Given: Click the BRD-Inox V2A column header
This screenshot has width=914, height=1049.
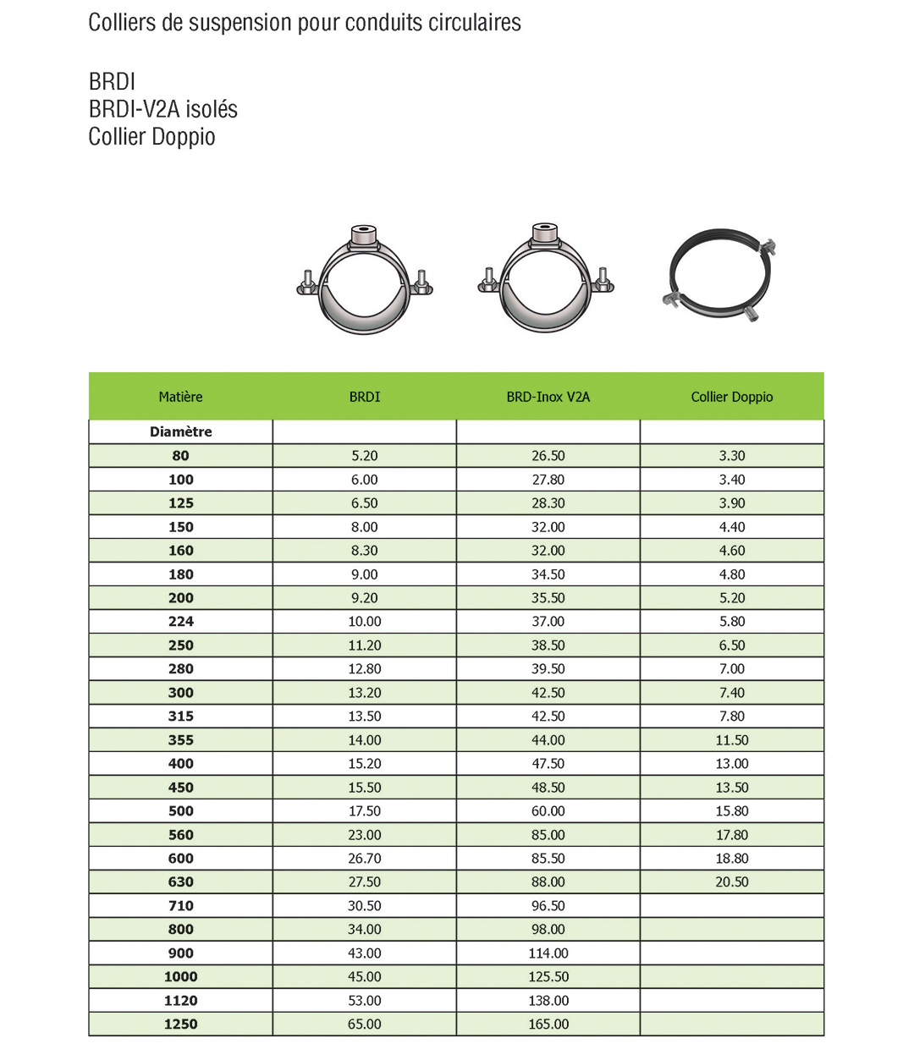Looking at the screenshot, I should (548, 397).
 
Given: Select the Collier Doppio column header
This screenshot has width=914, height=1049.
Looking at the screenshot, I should (731, 397).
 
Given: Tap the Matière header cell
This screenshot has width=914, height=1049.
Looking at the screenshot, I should (180, 397).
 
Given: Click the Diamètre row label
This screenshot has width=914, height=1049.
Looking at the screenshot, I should (180, 431).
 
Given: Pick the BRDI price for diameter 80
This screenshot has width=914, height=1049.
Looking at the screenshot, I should (364, 455).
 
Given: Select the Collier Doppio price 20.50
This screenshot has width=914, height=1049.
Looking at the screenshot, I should (731, 881).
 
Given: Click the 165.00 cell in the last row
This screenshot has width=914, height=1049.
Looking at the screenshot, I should (548, 1024).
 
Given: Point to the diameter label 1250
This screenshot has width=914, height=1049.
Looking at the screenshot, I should (180, 1024).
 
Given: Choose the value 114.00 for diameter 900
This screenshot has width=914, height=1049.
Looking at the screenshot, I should (548, 953).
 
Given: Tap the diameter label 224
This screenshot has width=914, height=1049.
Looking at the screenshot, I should (180, 621).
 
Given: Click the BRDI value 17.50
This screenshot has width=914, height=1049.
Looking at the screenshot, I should (364, 810).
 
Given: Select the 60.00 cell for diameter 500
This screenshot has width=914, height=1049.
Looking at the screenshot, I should (548, 810).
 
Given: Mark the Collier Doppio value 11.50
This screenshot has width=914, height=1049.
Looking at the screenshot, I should (731, 739).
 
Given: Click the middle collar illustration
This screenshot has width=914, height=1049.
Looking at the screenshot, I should (546, 279).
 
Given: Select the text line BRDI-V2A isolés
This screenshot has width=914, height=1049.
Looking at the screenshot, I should (162, 109).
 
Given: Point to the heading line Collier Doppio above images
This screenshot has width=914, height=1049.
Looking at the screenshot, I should (151, 136).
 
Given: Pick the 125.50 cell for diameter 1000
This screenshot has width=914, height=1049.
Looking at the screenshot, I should (548, 976).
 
